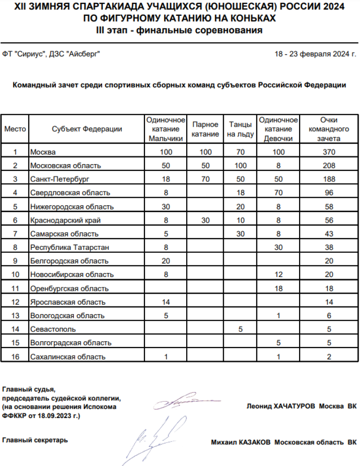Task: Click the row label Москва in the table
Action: (43, 152)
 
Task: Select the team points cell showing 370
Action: (329, 152)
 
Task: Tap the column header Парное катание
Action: (205, 129)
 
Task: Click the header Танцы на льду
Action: (240, 129)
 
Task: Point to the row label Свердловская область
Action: (70, 193)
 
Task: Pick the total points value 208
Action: (329, 166)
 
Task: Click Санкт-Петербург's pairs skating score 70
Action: (205, 179)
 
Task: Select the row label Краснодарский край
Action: (67, 220)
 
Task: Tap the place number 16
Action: (15, 357)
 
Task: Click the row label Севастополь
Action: (53, 329)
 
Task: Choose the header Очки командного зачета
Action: (329, 129)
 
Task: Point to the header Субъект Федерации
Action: (87, 129)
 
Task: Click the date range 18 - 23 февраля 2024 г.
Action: (315, 54)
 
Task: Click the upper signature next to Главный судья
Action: (185, 401)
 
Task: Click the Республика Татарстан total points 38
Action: (329, 248)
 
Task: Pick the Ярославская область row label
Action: (68, 302)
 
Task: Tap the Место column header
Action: (15, 129)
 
